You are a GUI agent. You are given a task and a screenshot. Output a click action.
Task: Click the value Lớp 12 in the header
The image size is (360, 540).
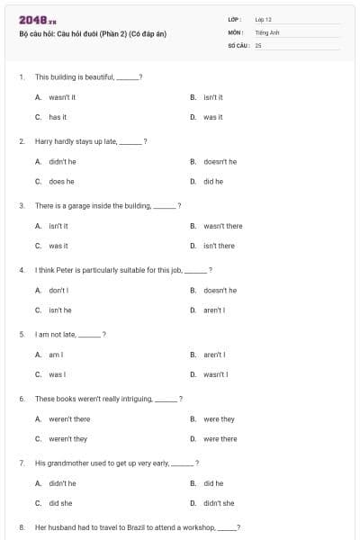[263, 19]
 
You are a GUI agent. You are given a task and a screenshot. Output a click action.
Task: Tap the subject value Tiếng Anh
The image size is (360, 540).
[267, 31]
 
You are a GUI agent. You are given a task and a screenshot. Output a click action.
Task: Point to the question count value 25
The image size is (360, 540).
[258, 44]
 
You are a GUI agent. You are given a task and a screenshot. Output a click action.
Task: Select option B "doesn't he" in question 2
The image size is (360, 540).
[220, 162]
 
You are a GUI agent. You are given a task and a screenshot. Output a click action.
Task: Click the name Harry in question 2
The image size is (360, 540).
[44, 141]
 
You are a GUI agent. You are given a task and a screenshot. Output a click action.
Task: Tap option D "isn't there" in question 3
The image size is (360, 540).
[219, 246]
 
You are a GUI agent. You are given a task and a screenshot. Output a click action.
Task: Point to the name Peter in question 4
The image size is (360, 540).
[67, 270]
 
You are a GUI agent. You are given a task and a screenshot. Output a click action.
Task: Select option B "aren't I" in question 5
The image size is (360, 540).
[214, 355]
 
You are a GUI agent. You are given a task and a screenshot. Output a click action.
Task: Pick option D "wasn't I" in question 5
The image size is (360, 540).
[216, 374]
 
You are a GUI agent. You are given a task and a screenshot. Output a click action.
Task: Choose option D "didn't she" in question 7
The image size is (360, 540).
[219, 503]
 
